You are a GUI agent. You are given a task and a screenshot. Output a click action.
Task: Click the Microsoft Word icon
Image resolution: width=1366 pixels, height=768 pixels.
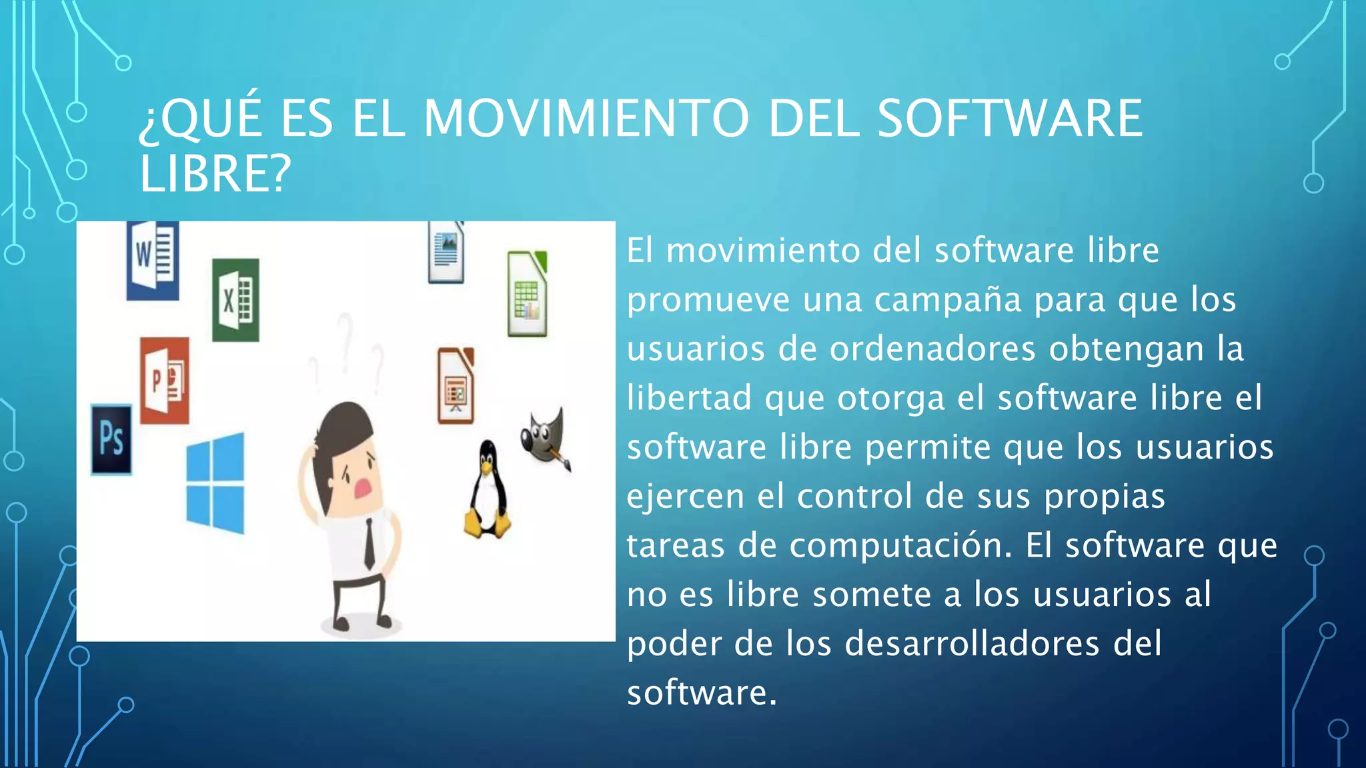[153, 259]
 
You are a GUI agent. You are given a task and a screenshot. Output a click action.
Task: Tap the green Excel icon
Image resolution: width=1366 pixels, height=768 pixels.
[235, 300]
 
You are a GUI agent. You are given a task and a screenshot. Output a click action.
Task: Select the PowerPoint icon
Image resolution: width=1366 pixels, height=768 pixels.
[165, 380]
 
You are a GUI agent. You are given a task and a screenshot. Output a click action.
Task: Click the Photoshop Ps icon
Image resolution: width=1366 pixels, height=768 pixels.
[111, 439]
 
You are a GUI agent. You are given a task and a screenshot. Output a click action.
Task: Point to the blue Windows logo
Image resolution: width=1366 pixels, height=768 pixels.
[215, 483]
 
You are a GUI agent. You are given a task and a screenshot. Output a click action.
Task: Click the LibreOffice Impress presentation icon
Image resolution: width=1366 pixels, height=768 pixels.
[456, 386]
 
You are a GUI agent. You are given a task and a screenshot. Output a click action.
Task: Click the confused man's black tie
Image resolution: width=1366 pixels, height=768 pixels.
[369, 543]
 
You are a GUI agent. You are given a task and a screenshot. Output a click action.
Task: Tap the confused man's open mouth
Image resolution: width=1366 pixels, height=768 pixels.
[363, 488]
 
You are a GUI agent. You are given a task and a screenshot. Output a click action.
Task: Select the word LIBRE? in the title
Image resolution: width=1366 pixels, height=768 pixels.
[215, 174]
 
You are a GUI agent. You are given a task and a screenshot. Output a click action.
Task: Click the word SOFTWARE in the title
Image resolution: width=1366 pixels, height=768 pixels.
[1009, 119]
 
